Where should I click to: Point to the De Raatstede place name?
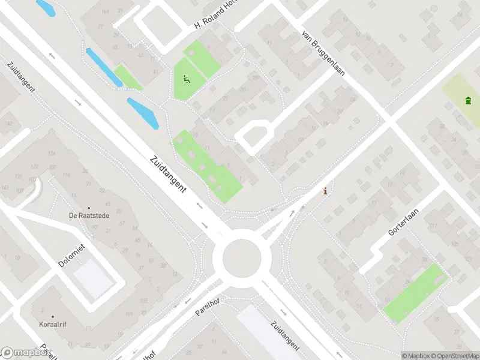point(89,215)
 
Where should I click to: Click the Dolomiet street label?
point(72,256)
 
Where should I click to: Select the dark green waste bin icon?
point(467,100)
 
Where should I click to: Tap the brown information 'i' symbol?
point(325,191)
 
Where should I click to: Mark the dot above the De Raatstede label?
point(89,208)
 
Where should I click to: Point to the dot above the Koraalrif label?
point(52,317)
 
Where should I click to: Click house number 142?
point(8,123)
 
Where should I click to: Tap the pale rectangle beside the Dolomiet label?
point(92,278)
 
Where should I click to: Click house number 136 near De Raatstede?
point(52,153)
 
